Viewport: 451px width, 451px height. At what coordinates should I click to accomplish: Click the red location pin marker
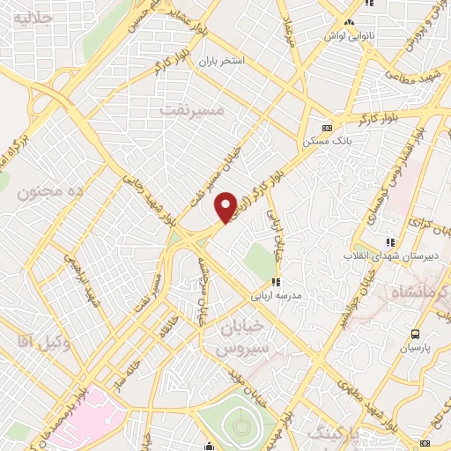226,206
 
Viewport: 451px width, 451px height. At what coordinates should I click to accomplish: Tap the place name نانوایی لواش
351,36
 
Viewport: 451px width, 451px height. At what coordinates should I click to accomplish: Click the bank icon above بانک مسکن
327,125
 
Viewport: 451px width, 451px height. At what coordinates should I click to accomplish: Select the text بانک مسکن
322,140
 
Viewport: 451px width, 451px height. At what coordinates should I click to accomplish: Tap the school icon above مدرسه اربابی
276,282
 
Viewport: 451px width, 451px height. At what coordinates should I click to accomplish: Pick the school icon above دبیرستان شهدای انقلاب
390,242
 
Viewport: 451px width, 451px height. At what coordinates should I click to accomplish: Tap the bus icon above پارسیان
415,334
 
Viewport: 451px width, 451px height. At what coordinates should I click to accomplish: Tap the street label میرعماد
287,30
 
